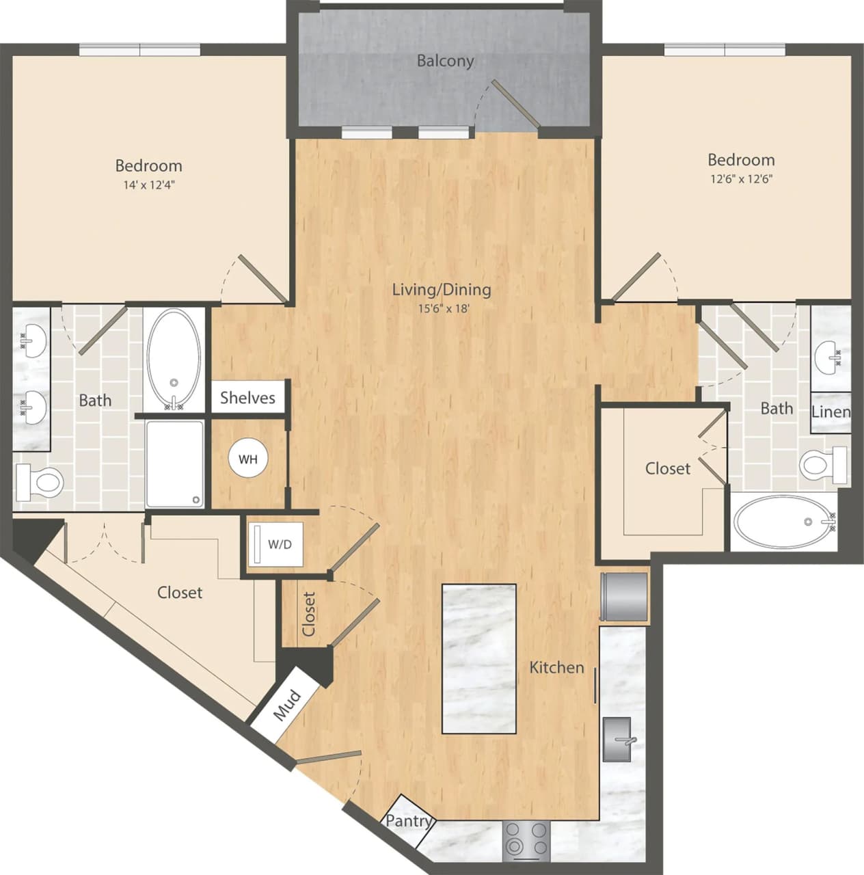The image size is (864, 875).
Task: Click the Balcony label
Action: pyautogui.click(x=445, y=61)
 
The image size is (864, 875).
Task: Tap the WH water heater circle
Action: pyautogui.click(x=247, y=459)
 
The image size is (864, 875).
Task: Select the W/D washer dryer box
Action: pyautogui.click(x=273, y=544)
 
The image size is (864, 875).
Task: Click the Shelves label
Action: pyautogui.click(x=247, y=398)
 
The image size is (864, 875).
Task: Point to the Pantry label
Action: pyautogui.click(x=408, y=820)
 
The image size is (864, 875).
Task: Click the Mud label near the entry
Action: pyautogui.click(x=286, y=705)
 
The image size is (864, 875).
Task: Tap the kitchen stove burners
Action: pyautogui.click(x=526, y=839)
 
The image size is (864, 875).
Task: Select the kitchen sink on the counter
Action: pyautogui.click(x=617, y=739)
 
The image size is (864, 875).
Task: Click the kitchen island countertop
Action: pyautogui.click(x=478, y=658)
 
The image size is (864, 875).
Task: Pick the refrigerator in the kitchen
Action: pyautogui.click(x=623, y=596)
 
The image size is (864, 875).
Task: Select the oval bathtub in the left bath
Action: pyautogui.click(x=174, y=360)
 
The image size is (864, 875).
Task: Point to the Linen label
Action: pyautogui.click(x=831, y=412)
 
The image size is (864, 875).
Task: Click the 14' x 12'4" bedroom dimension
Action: pyautogui.click(x=148, y=185)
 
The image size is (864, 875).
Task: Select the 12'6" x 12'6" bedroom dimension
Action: pyautogui.click(x=741, y=179)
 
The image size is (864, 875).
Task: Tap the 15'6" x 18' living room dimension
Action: pyautogui.click(x=443, y=308)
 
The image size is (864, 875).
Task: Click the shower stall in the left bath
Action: pyautogui.click(x=174, y=463)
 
